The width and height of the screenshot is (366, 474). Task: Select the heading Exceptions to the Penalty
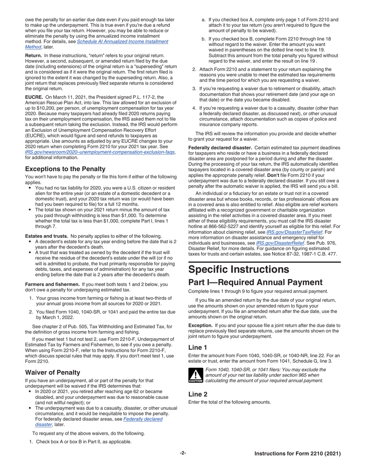pos(65,169)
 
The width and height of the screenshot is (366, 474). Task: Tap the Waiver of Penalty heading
pos(52,372)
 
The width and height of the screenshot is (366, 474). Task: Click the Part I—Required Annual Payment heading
pos(255,282)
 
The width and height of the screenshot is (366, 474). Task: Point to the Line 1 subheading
pos(198,347)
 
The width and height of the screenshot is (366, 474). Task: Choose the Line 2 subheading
pos(198,394)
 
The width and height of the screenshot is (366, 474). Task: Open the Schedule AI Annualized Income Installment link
pos(123,41)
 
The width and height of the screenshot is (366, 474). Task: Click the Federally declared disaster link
pos(143,419)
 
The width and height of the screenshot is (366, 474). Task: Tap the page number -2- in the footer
pos(183,454)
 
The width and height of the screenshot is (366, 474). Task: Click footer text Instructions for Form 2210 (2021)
pos(297,454)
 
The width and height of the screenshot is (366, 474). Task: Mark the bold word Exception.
pos(200,325)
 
